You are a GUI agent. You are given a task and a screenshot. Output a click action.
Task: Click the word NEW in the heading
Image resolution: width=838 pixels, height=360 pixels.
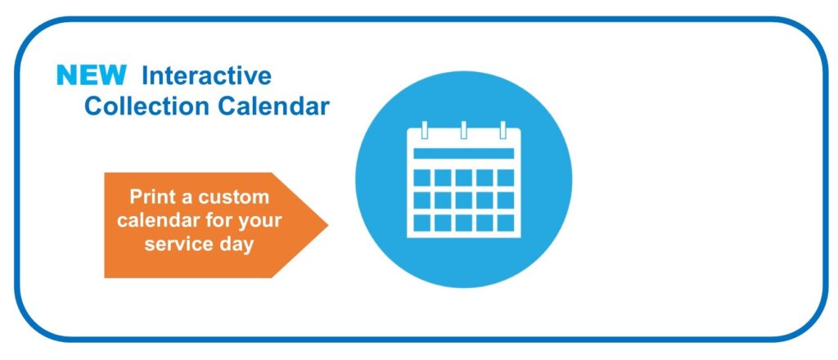pyautogui.click(x=92, y=75)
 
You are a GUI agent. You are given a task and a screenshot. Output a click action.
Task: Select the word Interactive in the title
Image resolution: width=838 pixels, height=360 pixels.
pyautogui.click(x=206, y=76)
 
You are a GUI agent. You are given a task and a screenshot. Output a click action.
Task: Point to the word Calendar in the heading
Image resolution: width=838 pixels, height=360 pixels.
pyautogui.click(x=273, y=106)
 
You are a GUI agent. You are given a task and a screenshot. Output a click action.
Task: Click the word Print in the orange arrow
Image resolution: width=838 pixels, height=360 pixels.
pyautogui.click(x=151, y=196)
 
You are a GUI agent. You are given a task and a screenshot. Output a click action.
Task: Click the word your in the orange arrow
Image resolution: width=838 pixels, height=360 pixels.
pyautogui.click(x=260, y=221)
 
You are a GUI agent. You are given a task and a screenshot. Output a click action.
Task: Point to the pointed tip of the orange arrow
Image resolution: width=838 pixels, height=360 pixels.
pyautogui.click(x=327, y=225)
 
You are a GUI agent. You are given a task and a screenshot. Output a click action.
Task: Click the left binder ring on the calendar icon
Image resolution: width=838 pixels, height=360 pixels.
pyautogui.click(x=425, y=130)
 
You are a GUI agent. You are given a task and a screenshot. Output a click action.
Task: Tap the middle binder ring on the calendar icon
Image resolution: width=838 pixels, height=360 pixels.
pyautogui.click(x=464, y=130)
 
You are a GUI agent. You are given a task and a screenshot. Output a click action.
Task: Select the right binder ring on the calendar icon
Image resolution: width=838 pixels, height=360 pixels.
pyautogui.click(x=503, y=130)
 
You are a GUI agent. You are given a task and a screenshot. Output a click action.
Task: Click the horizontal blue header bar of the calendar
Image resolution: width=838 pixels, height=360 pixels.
pyautogui.click(x=464, y=154)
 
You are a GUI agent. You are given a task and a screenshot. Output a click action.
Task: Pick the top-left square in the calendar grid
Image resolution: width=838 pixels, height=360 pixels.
pyautogui.click(x=422, y=178)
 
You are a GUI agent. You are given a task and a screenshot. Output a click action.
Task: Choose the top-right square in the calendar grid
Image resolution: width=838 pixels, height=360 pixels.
pyautogui.click(x=506, y=178)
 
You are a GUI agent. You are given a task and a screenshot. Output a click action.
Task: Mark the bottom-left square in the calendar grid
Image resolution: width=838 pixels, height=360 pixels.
pyautogui.click(x=422, y=223)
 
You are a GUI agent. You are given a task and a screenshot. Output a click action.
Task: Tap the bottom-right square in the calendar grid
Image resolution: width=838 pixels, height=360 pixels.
pyautogui.click(x=506, y=223)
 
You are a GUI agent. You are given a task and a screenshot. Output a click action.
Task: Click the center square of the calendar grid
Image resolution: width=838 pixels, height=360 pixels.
pyautogui.click(x=464, y=200)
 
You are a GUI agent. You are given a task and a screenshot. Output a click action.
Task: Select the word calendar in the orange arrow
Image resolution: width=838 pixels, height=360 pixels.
pyautogui.click(x=158, y=220)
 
